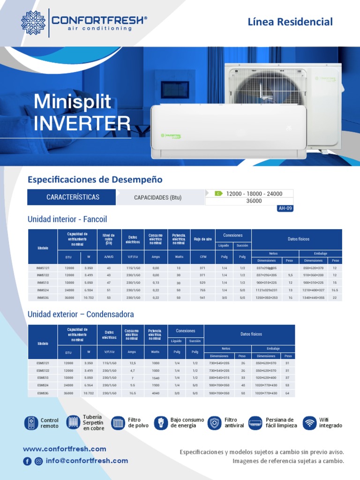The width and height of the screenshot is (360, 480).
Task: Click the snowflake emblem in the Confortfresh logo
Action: [x=34, y=22]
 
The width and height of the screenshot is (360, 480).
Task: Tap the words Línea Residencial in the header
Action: [x=290, y=22]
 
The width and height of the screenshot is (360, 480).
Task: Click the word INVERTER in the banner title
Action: [x=82, y=123]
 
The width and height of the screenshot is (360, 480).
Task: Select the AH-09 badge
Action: [x=285, y=209]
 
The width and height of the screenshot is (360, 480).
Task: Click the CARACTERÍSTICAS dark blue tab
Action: [x=73, y=197]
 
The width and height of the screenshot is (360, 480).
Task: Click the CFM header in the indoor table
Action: [x=202, y=257]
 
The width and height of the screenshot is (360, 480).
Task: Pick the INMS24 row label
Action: [x=43, y=290]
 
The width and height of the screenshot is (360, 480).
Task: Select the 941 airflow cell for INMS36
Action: [x=202, y=298]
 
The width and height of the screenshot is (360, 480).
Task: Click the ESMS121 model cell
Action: [x=43, y=363]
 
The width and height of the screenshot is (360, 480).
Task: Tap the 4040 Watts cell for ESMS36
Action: [x=156, y=393]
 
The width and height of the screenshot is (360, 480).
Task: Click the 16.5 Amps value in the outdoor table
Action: [x=132, y=393]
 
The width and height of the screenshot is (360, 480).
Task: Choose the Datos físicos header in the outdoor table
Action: [x=251, y=334]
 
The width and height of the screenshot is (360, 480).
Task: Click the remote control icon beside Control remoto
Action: [x=31, y=423]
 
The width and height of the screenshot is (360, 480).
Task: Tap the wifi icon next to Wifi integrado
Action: [x=309, y=423]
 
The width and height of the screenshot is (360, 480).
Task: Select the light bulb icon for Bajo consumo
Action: [x=161, y=423]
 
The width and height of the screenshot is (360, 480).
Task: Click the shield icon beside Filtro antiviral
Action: [x=215, y=423]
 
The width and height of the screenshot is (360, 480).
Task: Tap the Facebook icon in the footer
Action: [x=28, y=461]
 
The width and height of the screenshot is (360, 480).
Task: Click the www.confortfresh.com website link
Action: [x=64, y=449]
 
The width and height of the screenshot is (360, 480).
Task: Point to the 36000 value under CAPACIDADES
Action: [x=254, y=201]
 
